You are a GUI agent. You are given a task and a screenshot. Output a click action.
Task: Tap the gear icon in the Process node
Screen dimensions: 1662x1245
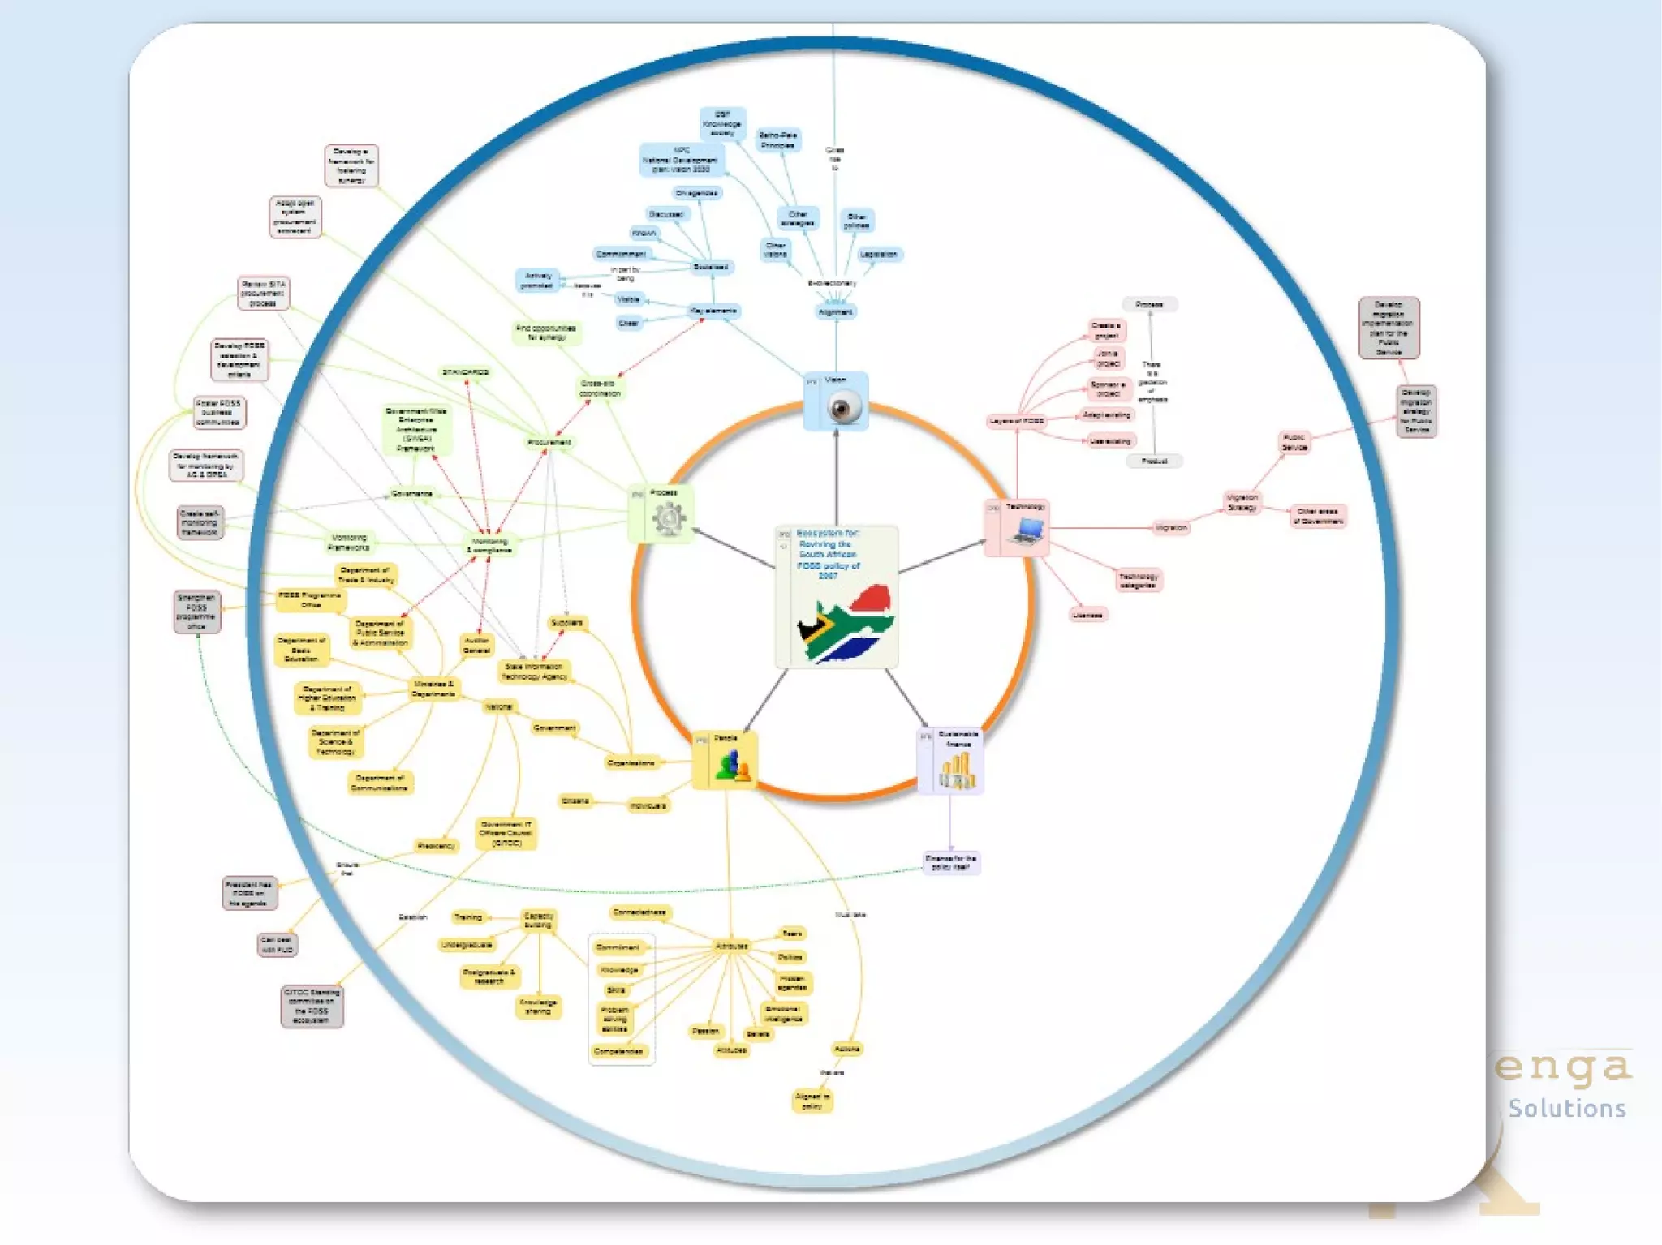669,518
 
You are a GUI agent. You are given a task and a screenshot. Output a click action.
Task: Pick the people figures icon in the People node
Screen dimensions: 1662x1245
733,766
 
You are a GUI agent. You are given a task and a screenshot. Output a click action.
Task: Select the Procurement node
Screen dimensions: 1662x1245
549,442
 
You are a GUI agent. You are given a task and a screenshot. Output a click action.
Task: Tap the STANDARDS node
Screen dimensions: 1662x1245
465,372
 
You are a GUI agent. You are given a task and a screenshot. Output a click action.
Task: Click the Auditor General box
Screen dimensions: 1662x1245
476,645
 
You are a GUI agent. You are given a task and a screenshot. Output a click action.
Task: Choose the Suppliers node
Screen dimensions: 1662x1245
566,623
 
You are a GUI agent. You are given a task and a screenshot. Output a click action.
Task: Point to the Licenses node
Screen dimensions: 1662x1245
1087,615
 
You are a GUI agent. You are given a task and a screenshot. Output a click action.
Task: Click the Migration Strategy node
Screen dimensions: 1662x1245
1242,502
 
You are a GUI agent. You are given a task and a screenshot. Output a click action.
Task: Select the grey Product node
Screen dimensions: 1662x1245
1154,461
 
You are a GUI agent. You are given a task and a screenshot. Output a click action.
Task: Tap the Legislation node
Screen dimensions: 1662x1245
878,255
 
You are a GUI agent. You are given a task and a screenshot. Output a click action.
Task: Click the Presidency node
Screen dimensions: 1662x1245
436,846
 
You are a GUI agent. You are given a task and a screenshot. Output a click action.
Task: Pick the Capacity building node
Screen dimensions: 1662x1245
538,920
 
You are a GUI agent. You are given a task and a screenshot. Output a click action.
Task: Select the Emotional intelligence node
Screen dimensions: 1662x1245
783,1014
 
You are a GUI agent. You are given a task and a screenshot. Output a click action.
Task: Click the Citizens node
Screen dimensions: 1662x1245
575,801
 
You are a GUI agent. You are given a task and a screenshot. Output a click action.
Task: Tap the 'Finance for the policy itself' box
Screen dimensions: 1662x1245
951,862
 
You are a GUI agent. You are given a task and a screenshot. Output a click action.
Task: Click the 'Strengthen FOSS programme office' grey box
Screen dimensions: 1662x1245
196,612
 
